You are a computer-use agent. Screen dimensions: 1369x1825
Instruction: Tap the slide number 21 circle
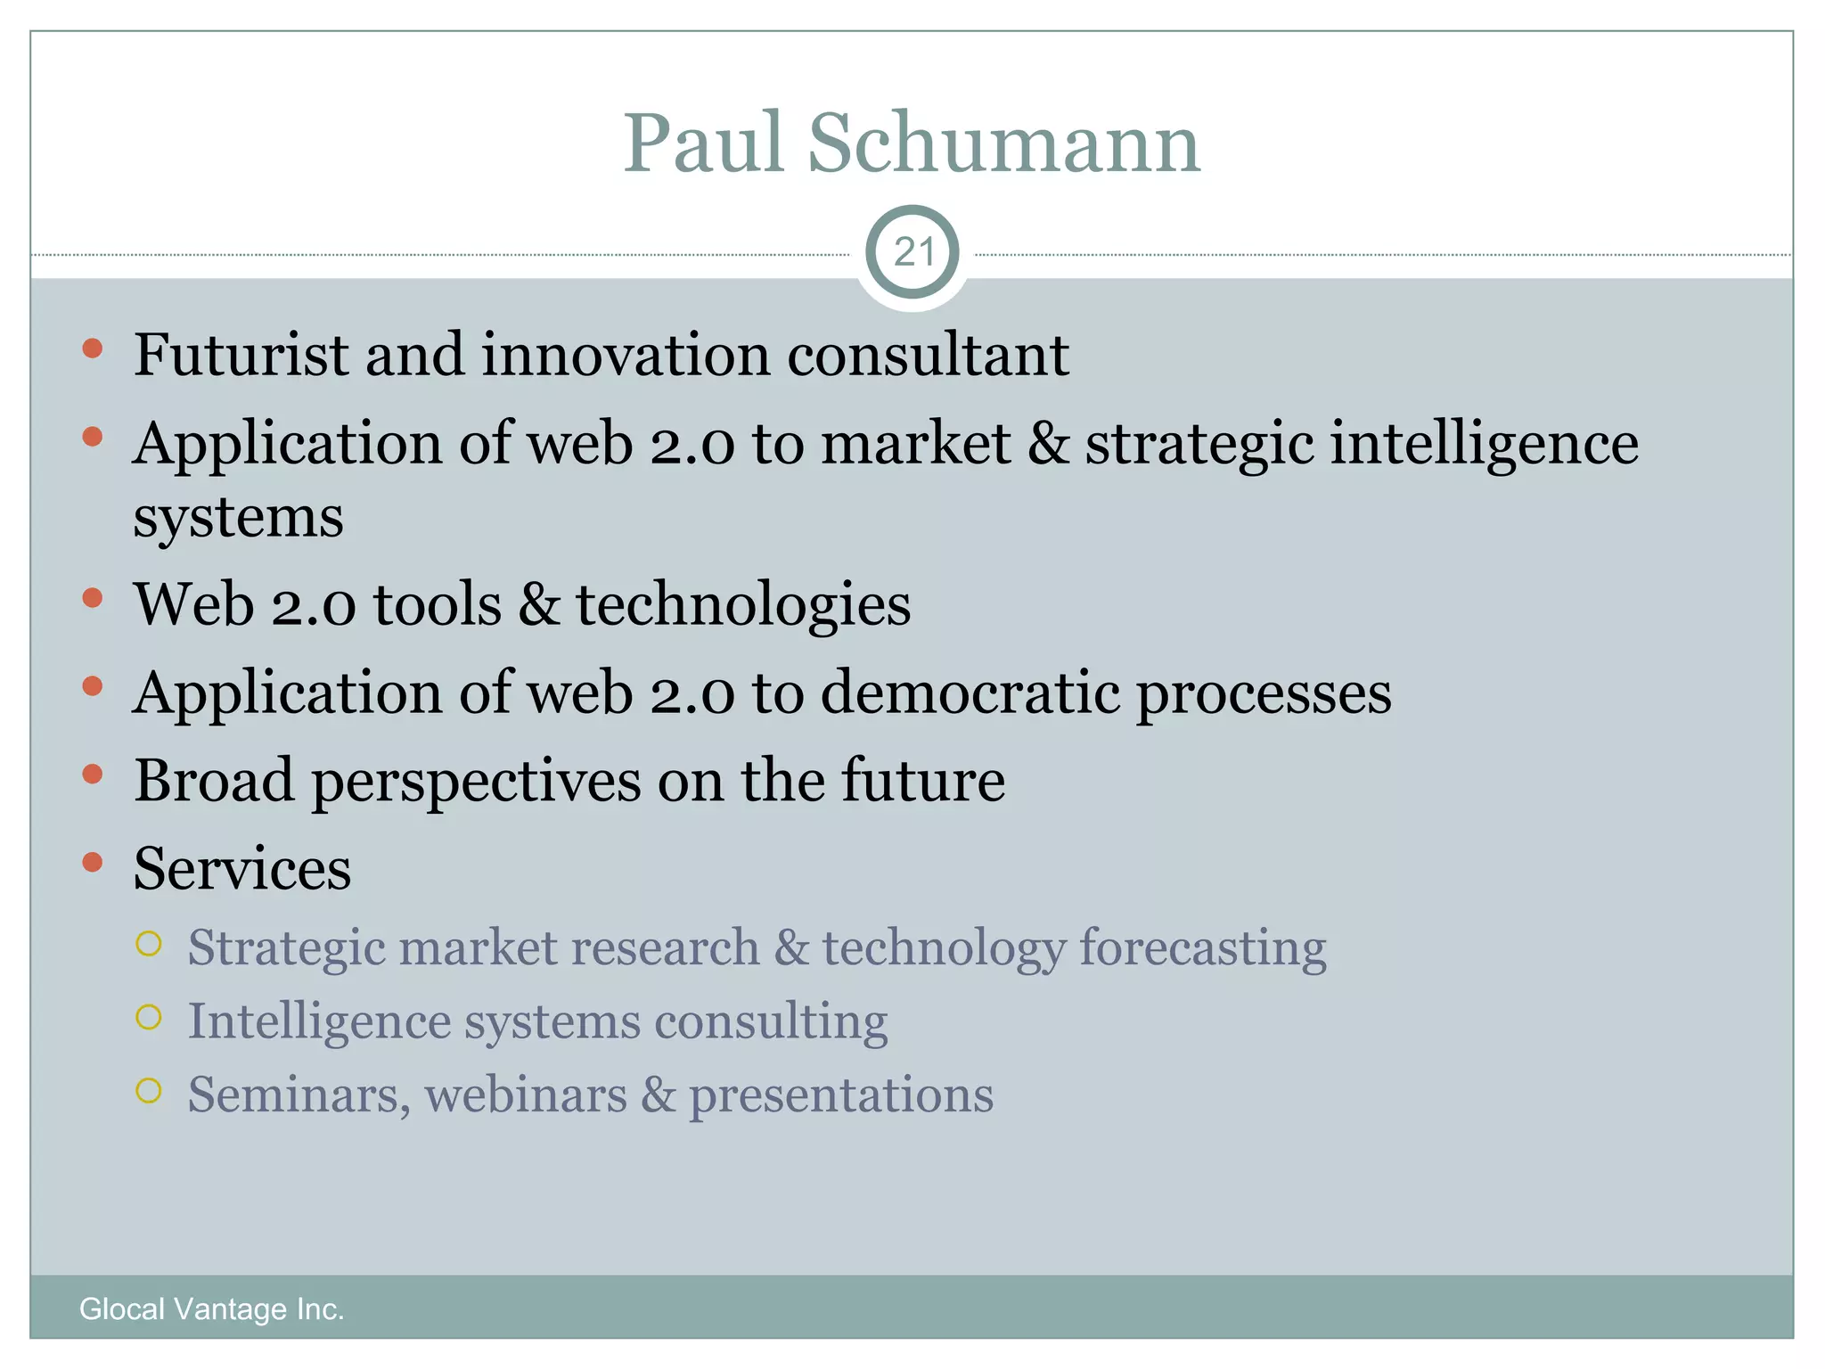(x=912, y=252)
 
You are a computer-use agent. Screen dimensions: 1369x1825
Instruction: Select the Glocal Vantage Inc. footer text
(x=211, y=1308)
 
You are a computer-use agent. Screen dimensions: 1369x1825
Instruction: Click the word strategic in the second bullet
(x=1199, y=444)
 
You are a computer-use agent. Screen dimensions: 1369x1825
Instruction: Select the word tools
(x=437, y=604)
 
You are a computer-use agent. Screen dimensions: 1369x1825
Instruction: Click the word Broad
(x=214, y=780)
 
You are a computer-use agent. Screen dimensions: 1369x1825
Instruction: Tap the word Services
(x=242, y=868)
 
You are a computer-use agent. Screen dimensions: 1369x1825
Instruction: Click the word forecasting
(x=1203, y=948)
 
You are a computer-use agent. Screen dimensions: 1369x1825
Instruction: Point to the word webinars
(x=526, y=1094)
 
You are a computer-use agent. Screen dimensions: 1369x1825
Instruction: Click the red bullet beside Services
(x=93, y=862)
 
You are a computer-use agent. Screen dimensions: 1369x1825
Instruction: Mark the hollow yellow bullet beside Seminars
(x=149, y=1090)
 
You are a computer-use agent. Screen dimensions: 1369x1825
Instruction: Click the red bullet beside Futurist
(x=93, y=348)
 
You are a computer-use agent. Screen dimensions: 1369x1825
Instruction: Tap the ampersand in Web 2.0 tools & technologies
(x=539, y=604)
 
